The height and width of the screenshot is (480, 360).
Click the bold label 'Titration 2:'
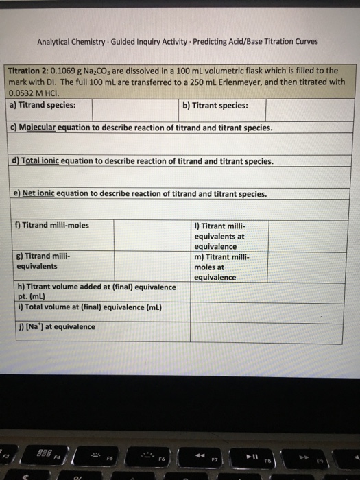click(27, 71)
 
